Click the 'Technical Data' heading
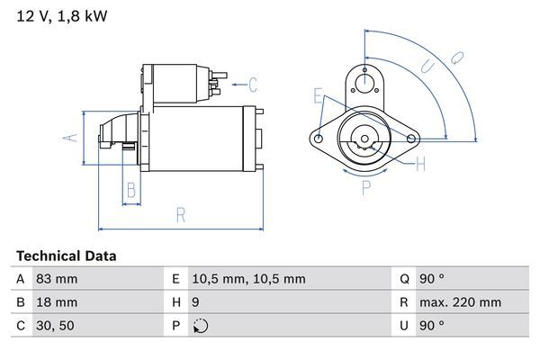(x=66, y=256)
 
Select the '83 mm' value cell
(x=57, y=279)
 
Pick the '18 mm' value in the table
(x=57, y=302)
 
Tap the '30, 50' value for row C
(x=54, y=326)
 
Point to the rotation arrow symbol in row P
(x=199, y=326)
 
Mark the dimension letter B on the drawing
(x=130, y=190)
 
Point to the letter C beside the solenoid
(x=253, y=85)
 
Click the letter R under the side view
(x=180, y=214)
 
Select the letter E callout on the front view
(x=318, y=95)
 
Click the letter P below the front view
(x=366, y=188)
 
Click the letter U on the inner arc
(x=429, y=67)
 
